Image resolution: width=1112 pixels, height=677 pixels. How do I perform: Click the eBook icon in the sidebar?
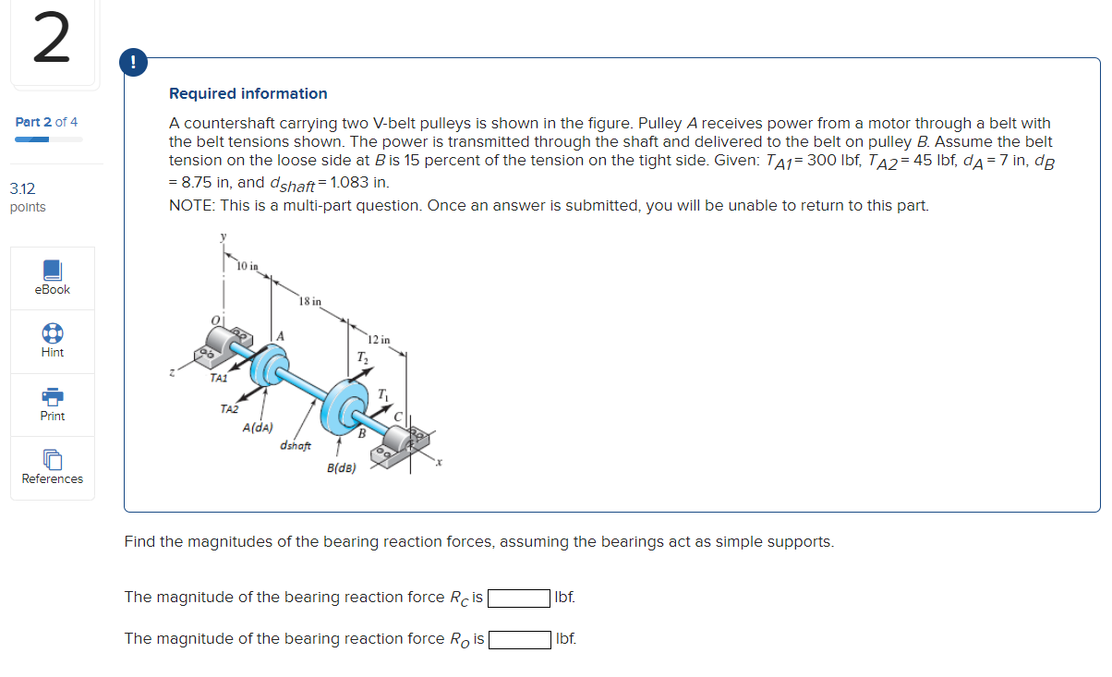pos(53,269)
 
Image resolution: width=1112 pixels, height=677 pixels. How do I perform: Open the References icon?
pos(53,459)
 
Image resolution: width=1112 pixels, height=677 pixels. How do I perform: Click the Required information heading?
pos(248,93)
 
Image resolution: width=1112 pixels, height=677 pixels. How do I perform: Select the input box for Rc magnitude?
pos(519,598)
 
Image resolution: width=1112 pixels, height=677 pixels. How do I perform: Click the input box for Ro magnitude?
pos(520,639)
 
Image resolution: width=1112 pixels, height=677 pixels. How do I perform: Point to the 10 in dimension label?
pos(247,267)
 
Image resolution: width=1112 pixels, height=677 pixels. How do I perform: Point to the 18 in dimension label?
pos(310,301)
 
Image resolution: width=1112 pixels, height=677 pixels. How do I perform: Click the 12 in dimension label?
pos(379,339)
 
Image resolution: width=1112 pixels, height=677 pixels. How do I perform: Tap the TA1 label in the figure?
pos(219,377)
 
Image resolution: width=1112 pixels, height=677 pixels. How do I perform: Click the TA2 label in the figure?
pos(229,408)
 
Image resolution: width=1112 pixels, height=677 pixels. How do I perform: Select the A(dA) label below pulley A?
pos(258,428)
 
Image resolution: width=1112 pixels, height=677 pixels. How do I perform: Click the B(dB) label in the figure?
pos(342,468)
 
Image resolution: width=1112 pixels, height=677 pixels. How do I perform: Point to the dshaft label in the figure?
pos(296,446)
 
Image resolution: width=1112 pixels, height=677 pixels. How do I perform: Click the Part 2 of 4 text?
pos(47,122)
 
